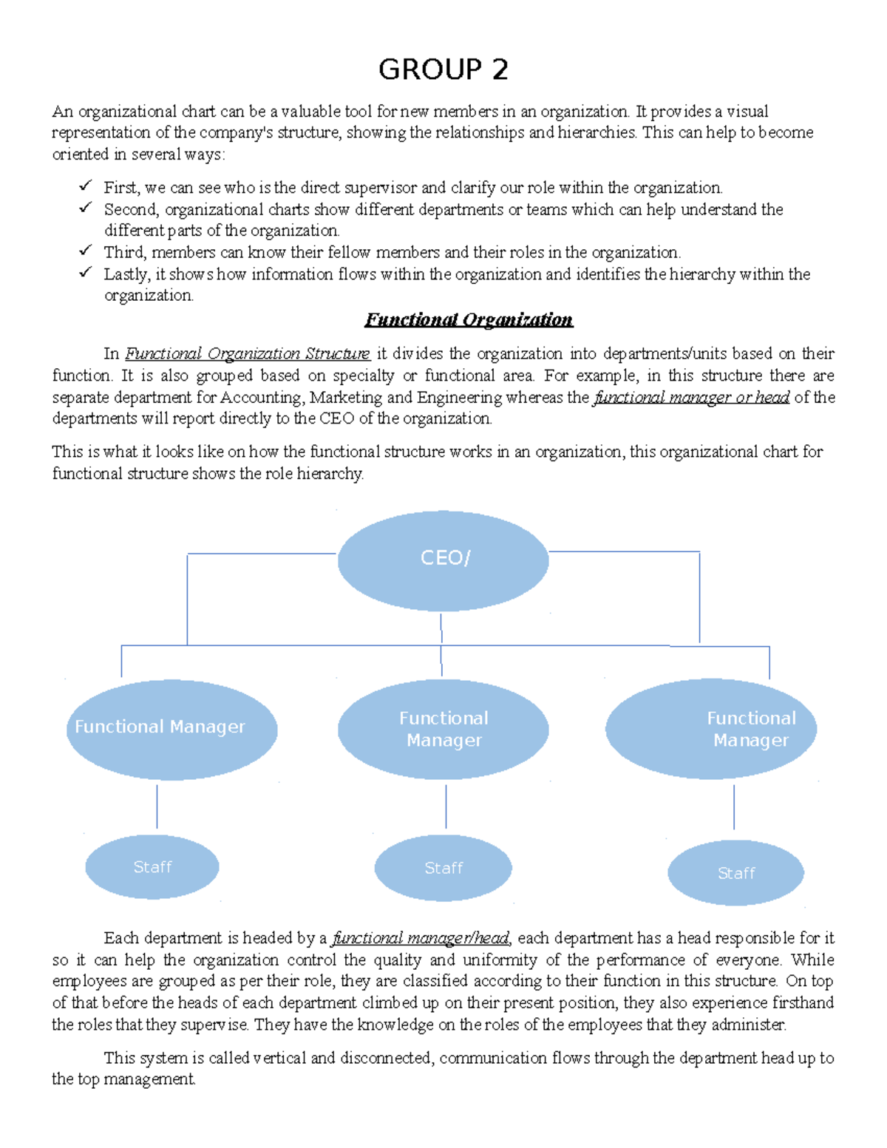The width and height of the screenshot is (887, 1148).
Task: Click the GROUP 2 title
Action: [443, 69]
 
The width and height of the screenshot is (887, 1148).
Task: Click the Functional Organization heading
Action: [469, 319]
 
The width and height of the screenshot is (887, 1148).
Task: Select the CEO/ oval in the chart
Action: [443, 560]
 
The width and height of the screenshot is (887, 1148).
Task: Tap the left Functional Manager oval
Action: [171, 729]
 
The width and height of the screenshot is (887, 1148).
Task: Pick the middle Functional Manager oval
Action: [443, 729]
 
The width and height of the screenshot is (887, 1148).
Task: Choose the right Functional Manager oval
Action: [710, 729]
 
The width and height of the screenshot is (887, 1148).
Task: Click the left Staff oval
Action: [152, 867]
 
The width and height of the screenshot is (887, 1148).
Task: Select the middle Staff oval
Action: [443, 868]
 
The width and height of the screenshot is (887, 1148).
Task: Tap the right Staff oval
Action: [735, 873]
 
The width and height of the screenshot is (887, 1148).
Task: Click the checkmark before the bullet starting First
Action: [85, 186]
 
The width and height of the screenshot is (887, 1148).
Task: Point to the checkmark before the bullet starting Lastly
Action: [85, 272]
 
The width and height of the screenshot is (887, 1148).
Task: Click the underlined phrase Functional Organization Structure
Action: [247, 353]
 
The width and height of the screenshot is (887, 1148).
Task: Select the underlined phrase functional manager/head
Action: [421, 938]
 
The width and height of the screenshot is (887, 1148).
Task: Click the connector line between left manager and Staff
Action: [157, 806]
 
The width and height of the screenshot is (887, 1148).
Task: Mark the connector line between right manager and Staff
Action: [734, 806]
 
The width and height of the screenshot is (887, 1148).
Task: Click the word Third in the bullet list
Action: [124, 252]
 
